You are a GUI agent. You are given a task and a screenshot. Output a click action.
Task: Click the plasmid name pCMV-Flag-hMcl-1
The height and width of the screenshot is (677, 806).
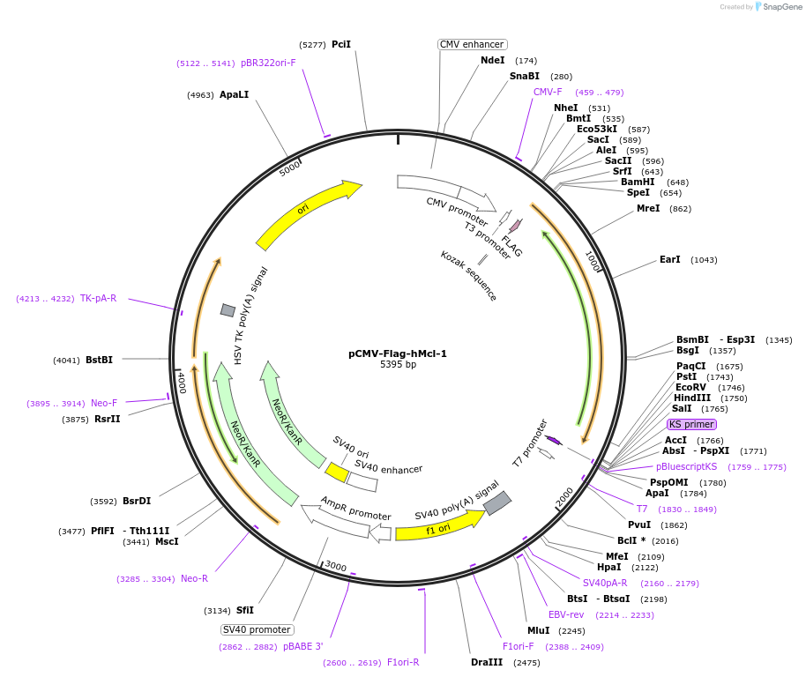(x=397, y=353)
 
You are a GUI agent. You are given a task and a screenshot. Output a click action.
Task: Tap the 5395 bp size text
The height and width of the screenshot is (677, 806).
(x=398, y=365)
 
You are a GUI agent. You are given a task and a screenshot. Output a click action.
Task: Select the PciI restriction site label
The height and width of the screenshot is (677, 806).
(x=341, y=44)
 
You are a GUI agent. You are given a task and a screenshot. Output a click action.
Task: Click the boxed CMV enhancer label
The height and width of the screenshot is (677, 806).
(x=472, y=44)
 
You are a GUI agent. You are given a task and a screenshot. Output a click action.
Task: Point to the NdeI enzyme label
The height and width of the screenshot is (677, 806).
(x=493, y=61)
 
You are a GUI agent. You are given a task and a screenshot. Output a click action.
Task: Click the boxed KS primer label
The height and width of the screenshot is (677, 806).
(x=691, y=424)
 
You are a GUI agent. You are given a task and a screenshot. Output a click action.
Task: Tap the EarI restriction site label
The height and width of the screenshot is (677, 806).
(x=670, y=260)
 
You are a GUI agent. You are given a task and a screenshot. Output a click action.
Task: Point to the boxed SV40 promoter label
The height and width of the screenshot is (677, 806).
(x=257, y=629)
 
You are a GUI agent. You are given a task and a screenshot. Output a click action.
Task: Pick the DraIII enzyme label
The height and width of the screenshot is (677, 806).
(x=487, y=663)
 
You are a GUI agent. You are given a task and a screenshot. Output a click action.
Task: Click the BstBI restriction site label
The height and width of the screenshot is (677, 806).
(x=99, y=360)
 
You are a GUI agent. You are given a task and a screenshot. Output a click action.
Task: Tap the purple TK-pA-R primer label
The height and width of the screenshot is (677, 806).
(x=99, y=298)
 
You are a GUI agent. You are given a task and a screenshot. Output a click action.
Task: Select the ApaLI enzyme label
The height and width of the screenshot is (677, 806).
(x=234, y=94)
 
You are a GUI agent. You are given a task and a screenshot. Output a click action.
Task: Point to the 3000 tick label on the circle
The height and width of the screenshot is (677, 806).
(x=335, y=565)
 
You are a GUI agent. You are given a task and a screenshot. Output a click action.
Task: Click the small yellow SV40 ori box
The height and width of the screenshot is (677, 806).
(x=336, y=472)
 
